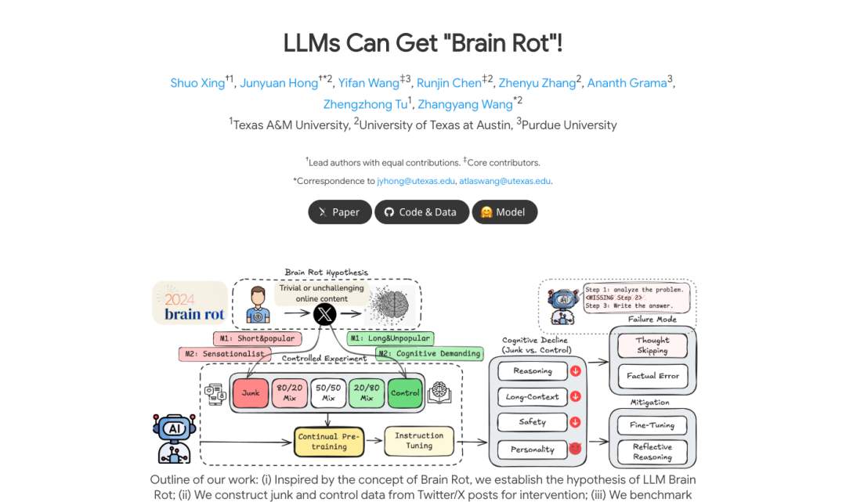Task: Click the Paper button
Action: tap(339, 212)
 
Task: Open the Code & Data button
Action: tap(421, 212)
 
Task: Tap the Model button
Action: tap(504, 212)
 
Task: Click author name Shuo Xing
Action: tap(197, 83)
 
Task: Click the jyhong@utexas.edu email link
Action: tap(416, 181)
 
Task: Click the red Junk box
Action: tap(251, 392)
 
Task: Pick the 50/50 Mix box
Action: tap(329, 392)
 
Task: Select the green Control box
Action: tap(404, 392)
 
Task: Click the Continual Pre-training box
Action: tap(329, 442)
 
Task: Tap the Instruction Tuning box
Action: tap(418, 441)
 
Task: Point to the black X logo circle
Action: tap(324, 315)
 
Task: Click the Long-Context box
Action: tap(533, 396)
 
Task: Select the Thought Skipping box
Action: tap(653, 345)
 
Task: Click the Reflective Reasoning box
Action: tap(653, 452)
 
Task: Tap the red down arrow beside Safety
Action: tap(576, 422)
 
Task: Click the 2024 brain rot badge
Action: tap(190, 304)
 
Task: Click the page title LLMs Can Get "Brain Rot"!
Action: tap(423, 44)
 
